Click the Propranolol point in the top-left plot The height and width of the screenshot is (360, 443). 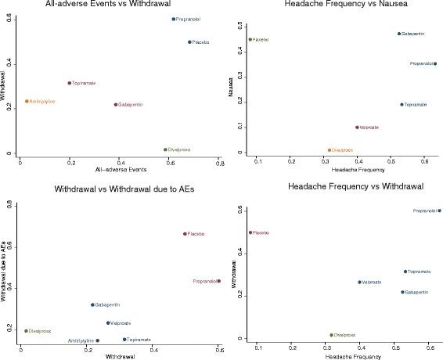[x=174, y=19]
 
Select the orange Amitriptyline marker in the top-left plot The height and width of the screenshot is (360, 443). [x=27, y=101]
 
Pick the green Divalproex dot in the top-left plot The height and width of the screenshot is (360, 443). [x=166, y=149]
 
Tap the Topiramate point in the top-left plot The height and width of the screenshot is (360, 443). [x=70, y=83]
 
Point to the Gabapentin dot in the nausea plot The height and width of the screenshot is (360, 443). [x=398, y=34]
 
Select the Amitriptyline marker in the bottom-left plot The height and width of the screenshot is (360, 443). [x=98, y=340]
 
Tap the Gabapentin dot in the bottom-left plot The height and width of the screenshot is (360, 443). [x=92, y=304]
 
